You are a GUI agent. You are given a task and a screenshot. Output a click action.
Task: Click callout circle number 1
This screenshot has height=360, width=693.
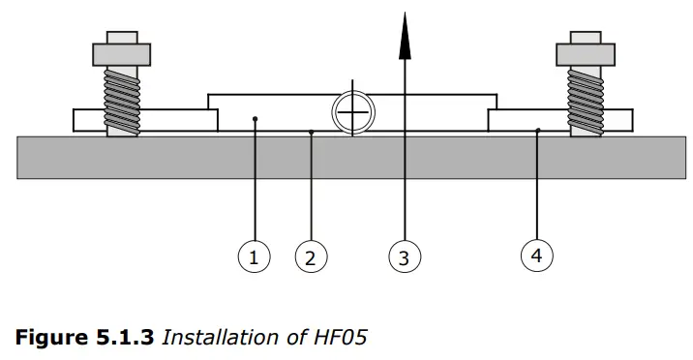(254, 257)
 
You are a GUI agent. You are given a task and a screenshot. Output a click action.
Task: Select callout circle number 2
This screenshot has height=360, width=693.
(311, 257)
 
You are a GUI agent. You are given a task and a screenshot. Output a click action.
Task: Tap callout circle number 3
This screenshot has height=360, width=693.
(405, 257)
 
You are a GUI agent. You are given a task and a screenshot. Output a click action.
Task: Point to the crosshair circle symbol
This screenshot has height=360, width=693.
(354, 113)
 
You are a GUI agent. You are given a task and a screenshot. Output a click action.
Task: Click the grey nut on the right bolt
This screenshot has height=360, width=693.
(588, 51)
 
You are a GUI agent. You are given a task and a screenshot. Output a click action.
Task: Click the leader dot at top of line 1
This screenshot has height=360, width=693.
(254, 119)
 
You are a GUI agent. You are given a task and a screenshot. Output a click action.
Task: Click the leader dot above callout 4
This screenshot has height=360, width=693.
(537, 129)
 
